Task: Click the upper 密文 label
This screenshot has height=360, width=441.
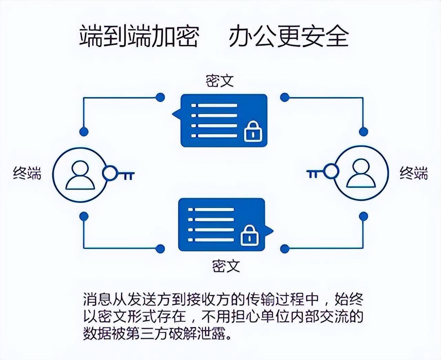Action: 219,81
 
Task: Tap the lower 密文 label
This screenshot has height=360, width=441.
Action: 226,266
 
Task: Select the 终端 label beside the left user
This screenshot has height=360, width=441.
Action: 27,173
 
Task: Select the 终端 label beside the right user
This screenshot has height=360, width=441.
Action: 413,173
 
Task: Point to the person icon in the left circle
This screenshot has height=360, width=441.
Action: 80,176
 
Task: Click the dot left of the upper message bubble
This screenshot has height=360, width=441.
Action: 160,97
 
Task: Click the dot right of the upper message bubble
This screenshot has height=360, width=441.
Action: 285,97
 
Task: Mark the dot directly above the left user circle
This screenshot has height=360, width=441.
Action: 84,131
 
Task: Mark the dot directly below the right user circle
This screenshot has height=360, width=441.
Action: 363,216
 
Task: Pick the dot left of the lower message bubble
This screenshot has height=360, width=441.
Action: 160,248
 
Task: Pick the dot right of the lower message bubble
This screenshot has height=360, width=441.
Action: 285,248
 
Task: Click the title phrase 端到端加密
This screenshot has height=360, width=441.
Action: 139,36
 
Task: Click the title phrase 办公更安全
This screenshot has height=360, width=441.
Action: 289,36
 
